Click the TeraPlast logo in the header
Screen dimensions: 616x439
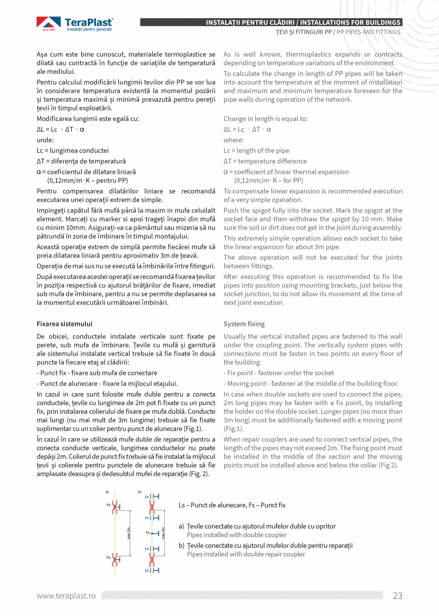[75, 24]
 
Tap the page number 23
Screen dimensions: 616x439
[397, 595]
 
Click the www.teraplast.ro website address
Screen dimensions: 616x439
[66, 595]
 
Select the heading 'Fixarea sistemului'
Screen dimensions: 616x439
[64, 324]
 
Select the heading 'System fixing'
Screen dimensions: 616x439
[244, 324]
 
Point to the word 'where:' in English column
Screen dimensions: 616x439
[233, 140]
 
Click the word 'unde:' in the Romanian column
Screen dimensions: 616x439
[45, 140]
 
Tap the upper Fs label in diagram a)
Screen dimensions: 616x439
[108, 504]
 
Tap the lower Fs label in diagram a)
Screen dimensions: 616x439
[108, 557]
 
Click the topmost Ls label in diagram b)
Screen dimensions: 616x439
[146, 497]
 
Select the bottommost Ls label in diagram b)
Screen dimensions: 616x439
[146, 570]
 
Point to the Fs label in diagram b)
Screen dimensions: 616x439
[147, 532]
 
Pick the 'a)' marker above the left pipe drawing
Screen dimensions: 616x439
[107, 492]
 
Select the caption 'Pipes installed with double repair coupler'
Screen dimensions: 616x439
[246, 554]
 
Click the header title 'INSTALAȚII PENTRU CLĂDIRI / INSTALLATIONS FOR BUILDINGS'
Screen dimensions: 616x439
[303, 22]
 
